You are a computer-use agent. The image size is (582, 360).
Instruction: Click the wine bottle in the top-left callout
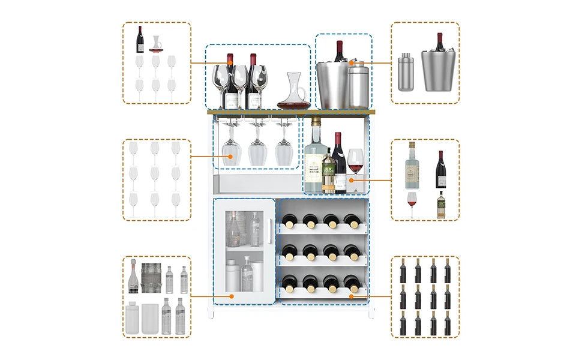140,40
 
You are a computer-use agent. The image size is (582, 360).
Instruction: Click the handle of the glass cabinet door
268,232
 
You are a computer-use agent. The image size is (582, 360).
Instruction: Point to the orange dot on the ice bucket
352,62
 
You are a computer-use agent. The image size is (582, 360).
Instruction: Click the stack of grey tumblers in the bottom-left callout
151,277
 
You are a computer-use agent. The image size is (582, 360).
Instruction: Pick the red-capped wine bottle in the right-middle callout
440,170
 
